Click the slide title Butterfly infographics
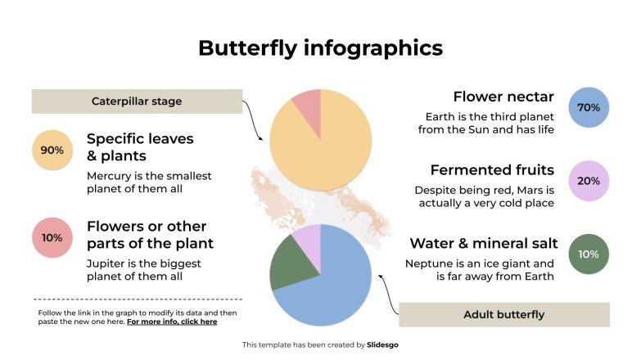[x=320, y=47]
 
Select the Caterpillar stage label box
[x=137, y=101]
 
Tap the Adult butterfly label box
[x=503, y=314]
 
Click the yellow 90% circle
[x=52, y=151]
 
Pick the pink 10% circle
[x=52, y=238]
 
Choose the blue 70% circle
[x=589, y=107]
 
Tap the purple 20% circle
[x=589, y=181]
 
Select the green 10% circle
[x=589, y=254]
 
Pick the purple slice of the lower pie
[x=308, y=241]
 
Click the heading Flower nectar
[x=503, y=97]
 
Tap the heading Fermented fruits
[x=492, y=170]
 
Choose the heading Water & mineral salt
[x=484, y=243]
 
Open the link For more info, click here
[x=172, y=322]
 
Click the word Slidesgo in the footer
[x=382, y=344]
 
